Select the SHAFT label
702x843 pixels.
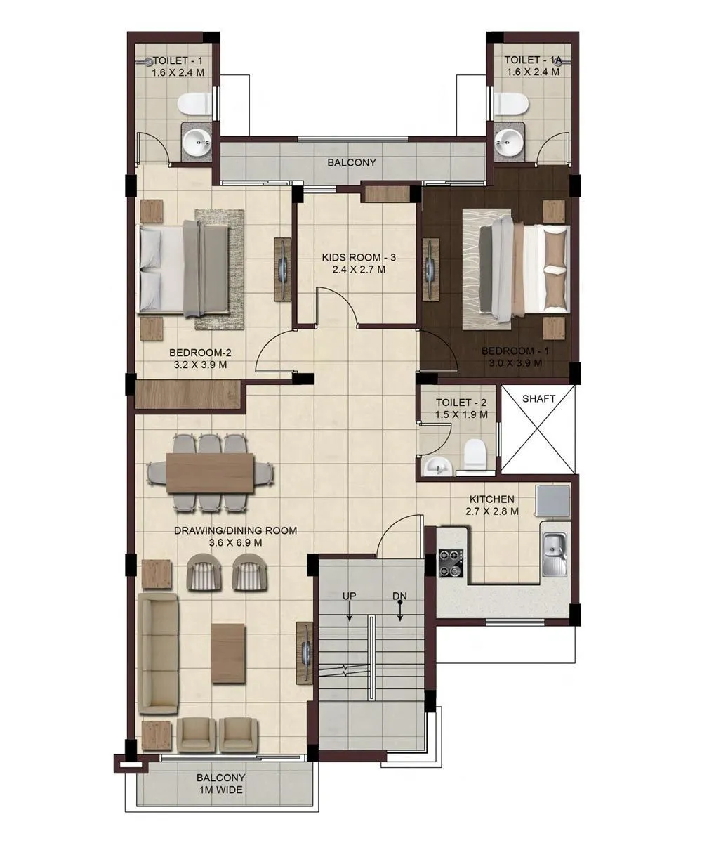click(x=539, y=398)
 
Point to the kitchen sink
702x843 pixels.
click(x=555, y=548)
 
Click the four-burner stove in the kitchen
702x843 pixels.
click(x=452, y=562)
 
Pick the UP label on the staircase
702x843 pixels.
click(x=350, y=596)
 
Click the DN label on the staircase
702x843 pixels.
click(x=399, y=596)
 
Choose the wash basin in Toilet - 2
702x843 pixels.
click(x=439, y=464)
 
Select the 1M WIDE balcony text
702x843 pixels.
click(x=220, y=790)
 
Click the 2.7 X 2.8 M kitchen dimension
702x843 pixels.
click(x=492, y=511)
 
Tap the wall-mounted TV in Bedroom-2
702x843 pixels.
click(x=282, y=268)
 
